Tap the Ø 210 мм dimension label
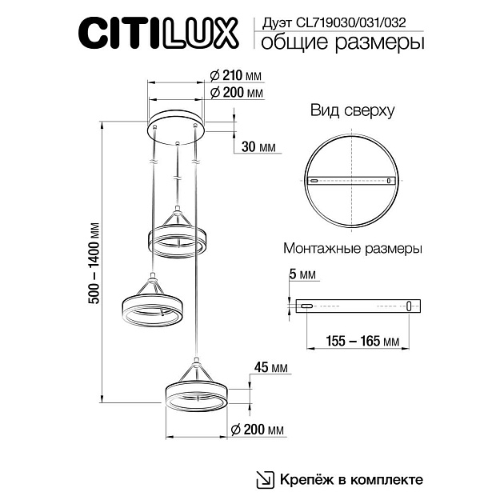236,75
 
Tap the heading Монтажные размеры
353,249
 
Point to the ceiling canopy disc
176,126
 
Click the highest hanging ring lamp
177,238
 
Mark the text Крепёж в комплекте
350,479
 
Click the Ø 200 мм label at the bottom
258,430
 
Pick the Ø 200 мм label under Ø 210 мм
236,93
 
